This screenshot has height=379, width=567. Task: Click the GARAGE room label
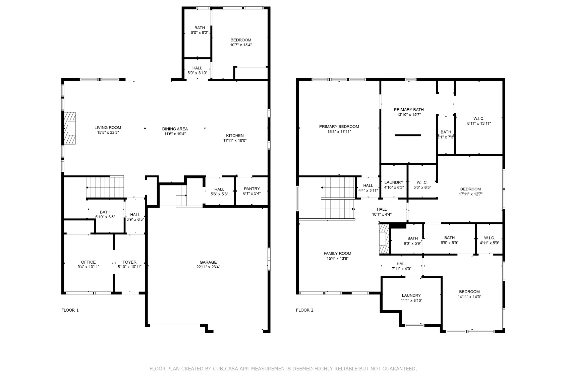point(208,262)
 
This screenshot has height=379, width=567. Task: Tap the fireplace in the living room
point(70,128)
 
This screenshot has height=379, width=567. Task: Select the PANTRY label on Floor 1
point(251,188)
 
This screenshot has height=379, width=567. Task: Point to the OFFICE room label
point(88,262)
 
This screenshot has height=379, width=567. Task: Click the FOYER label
point(129,262)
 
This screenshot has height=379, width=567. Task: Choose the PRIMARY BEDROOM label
point(339,126)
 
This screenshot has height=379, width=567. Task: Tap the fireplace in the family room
point(384,239)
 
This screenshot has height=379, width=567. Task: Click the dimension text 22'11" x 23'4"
point(208,267)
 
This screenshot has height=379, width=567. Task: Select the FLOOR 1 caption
point(70,310)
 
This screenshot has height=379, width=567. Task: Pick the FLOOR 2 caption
point(304,310)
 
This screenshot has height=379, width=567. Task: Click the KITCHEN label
point(235,136)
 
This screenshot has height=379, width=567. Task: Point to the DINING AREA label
point(175,129)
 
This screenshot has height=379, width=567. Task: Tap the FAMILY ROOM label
point(337,254)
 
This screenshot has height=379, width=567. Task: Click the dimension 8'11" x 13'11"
point(479,123)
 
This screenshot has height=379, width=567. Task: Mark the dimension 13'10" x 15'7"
point(409,115)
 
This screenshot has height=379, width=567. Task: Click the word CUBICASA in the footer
point(225,369)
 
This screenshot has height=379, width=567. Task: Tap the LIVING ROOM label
point(108,128)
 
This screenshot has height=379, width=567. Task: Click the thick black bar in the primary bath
point(408,135)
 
